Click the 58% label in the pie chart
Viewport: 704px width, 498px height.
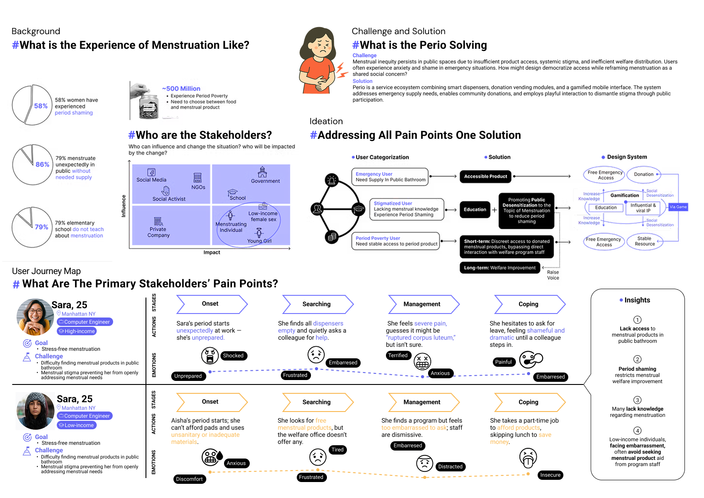[41, 106]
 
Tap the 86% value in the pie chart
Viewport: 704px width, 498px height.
[43, 165]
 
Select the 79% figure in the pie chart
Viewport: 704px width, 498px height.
[42, 227]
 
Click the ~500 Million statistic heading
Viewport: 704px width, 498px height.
[181, 89]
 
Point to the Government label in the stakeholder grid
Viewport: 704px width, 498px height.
[265, 181]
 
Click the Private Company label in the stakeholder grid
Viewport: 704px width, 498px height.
[158, 232]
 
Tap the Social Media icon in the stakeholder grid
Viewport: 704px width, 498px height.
[151, 172]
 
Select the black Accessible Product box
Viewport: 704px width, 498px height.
[485, 176]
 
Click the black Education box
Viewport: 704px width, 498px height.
[475, 210]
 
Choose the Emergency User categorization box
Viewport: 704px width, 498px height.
[390, 177]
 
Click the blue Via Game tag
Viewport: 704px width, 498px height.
[678, 207]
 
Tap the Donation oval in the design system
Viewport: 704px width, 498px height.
[643, 174]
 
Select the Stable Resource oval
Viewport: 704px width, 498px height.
[645, 241]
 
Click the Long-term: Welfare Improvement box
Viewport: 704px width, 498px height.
[499, 268]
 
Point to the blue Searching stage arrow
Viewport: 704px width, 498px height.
[317, 304]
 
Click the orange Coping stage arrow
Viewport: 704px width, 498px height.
[529, 402]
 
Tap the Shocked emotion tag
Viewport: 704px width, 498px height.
[233, 356]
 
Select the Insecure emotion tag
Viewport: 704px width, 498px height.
[550, 475]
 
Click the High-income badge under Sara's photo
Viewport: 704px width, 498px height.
[77, 331]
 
